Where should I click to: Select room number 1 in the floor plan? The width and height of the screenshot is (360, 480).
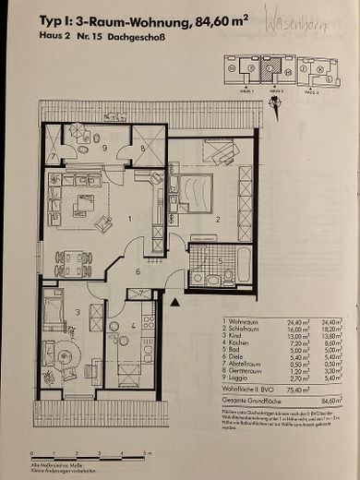point(131,219)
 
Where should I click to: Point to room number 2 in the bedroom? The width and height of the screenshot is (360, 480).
point(217,220)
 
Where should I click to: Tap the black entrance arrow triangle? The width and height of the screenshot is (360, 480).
point(174,298)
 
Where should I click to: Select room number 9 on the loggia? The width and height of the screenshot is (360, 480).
point(105,148)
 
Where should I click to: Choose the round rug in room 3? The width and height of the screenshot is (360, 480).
point(65,355)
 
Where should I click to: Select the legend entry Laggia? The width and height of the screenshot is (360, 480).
point(243,378)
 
